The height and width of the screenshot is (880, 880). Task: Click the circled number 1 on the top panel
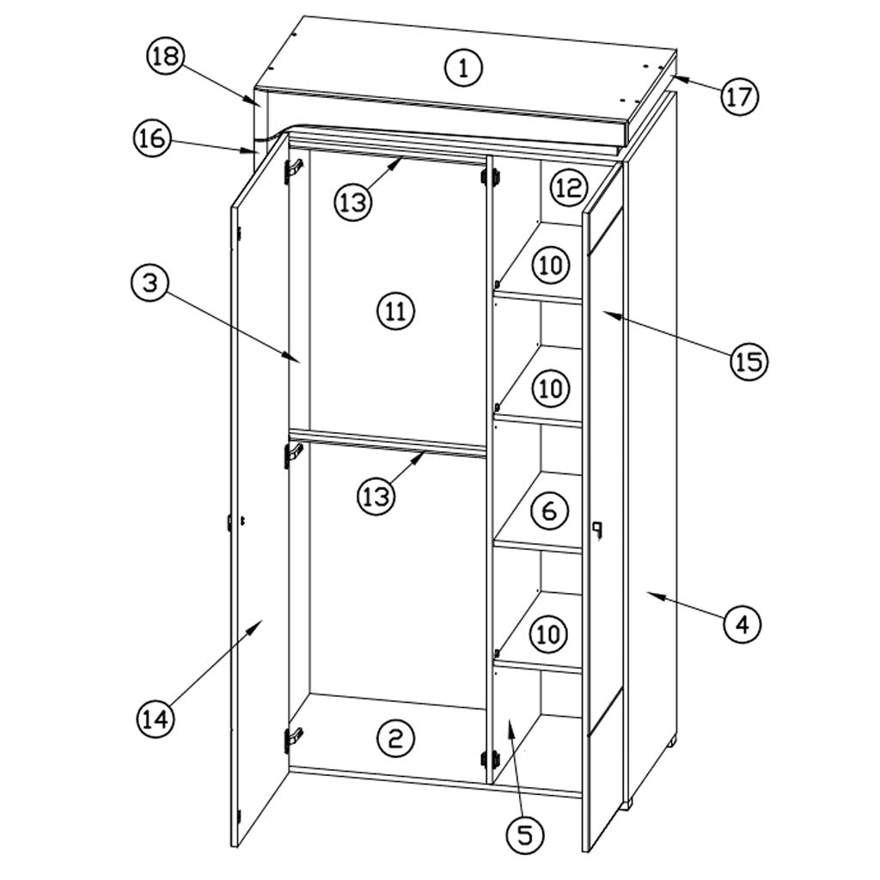463,68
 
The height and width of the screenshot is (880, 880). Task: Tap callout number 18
166,57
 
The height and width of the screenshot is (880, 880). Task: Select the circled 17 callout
739,97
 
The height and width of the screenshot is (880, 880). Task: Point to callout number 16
152,138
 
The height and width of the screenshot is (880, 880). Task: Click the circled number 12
569,187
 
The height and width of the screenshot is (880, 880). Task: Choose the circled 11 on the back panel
395,311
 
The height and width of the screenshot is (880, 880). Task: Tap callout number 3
150,283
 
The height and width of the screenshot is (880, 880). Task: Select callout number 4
742,623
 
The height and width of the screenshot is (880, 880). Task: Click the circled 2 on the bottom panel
395,738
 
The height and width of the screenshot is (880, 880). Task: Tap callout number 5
525,834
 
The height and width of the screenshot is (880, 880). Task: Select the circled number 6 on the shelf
549,510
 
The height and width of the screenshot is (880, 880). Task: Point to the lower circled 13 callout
376,496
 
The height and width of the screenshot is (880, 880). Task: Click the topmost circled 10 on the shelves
551,265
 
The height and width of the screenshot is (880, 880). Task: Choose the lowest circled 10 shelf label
548,634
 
